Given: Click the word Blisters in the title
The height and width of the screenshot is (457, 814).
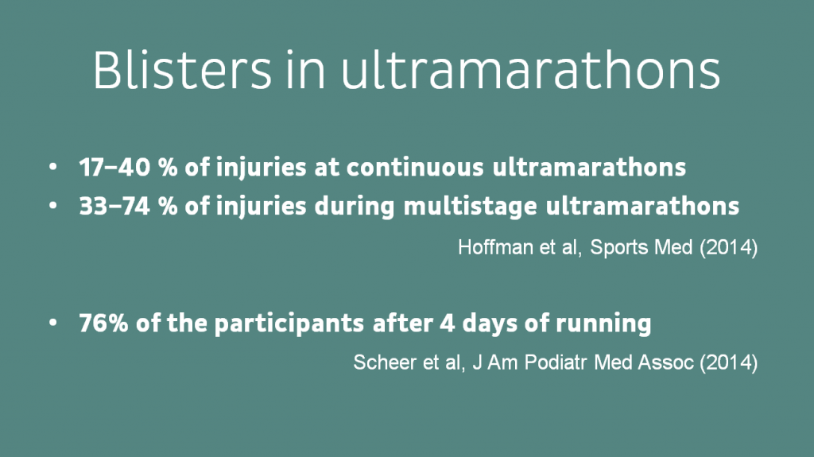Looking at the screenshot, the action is pyautogui.click(x=182, y=70).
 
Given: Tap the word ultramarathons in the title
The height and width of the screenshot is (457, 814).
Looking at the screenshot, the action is pyautogui.click(x=530, y=70).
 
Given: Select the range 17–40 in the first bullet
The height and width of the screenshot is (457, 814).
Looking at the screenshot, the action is pyautogui.click(x=114, y=167).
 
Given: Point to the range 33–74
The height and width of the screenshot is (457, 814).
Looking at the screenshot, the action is pyautogui.click(x=114, y=206).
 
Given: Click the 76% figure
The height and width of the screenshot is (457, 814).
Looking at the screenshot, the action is pyautogui.click(x=103, y=323).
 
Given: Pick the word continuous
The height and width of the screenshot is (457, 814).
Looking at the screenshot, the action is pyautogui.click(x=415, y=167).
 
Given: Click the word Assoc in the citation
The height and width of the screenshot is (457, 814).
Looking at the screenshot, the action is pyautogui.click(x=665, y=362).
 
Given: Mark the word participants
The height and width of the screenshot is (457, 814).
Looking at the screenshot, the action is pyautogui.click(x=289, y=324).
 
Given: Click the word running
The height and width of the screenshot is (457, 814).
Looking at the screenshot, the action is pyautogui.click(x=603, y=324).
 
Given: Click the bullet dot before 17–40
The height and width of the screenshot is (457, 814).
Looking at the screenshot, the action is pyautogui.click(x=53, y=167).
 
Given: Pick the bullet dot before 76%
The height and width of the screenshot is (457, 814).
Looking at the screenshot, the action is pyautogui.click(x=53, y=323).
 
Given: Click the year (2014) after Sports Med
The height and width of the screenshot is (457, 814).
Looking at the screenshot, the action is pyautogui.click(x=728, y=248).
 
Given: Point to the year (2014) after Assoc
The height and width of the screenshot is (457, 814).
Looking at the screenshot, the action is pyautogui.click(x=728, y=362).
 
